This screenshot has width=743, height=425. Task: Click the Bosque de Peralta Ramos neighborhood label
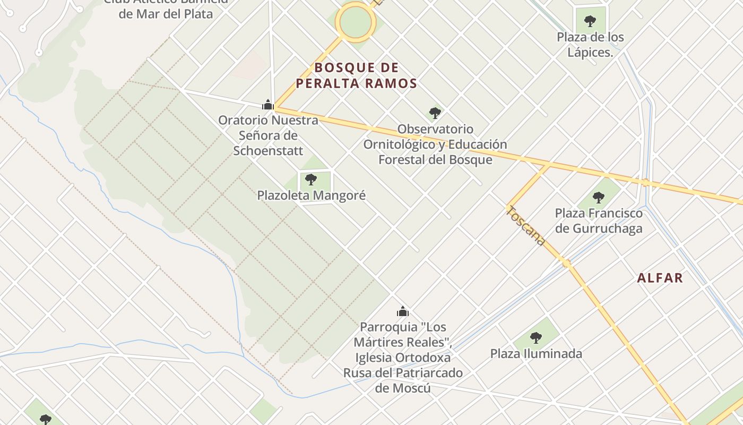[356, 75]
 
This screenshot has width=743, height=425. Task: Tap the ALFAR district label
[660, 278]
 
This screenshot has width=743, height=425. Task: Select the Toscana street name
[525, 226]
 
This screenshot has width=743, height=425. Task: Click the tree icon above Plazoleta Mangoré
[311, 179]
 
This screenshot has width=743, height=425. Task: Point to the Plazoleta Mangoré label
[312, 195]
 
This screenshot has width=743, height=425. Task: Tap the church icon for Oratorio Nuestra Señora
[268, 105]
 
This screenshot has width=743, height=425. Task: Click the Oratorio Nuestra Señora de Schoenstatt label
[268, 135]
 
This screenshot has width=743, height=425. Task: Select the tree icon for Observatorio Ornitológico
[435, 113]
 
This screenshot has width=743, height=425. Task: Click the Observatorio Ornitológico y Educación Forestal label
[435, 144]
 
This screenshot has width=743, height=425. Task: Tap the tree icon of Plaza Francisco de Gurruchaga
[599, 198]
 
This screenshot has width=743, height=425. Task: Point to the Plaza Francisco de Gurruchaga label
[599, 221]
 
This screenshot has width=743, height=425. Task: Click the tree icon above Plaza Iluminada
[536, 337]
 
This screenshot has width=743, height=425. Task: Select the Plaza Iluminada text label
[536, 354]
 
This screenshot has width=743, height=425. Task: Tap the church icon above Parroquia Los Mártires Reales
[403, 311]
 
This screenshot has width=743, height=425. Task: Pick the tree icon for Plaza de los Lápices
[590, 21]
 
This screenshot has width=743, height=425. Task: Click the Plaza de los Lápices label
[590, 45]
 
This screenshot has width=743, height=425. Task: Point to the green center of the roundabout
[356, 22]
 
